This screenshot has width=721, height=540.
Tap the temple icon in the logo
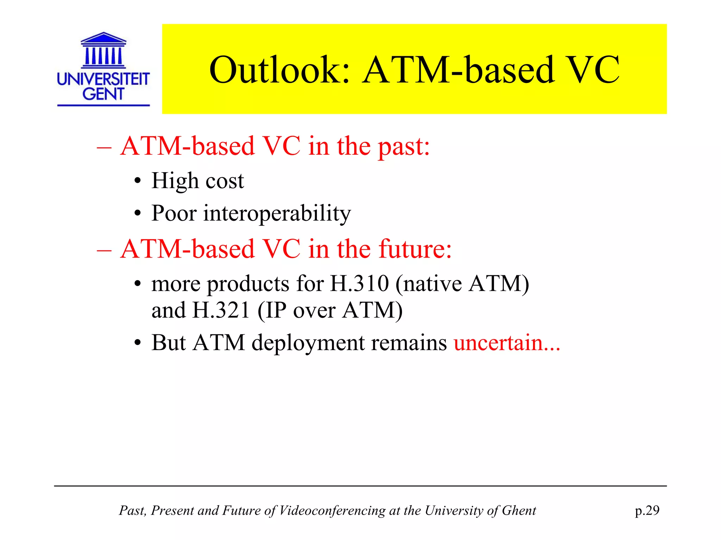point(103,50)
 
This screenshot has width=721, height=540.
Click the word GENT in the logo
point(103,94)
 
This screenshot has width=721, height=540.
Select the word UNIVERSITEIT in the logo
point(103,79)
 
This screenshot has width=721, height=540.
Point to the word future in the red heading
point(415,249)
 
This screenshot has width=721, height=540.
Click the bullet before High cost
point(138,182)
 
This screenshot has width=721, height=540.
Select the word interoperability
point(277,213)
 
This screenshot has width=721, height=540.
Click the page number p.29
point(647,510)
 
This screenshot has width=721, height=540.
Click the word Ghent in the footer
point(519,510)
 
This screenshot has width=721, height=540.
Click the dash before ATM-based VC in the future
point(104,250)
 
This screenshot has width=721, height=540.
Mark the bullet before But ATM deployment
point(138,343)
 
